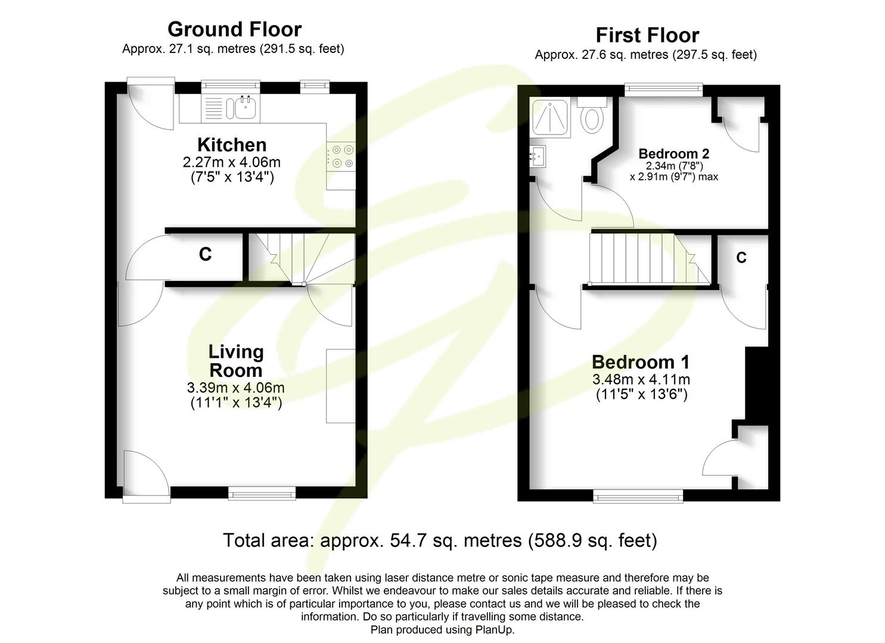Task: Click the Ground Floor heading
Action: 234,29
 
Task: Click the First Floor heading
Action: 647,35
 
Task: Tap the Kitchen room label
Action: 232,145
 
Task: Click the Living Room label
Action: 236,361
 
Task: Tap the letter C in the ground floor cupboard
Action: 205,254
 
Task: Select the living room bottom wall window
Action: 262,492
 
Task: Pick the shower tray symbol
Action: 551,117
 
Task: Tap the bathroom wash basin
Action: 539,156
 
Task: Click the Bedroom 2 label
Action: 673,154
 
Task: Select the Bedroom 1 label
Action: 641,362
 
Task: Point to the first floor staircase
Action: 647,260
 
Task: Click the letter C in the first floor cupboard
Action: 741,257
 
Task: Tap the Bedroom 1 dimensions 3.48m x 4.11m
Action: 641,379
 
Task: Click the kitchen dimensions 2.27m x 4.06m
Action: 232,161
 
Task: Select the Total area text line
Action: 440,540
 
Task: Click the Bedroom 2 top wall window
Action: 663,90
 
